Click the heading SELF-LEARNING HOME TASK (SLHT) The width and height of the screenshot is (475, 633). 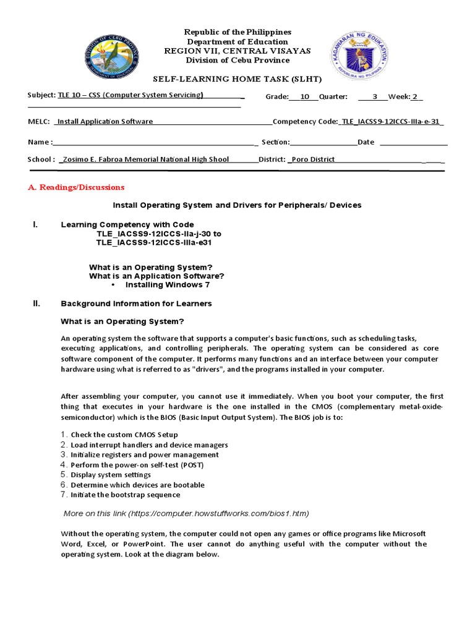point(237,79)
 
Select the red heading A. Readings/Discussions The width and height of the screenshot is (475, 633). point(76,187)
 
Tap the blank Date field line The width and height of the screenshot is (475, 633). point(413,142)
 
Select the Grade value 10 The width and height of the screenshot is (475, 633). point(304,96)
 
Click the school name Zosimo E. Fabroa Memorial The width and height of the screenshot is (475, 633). point(145,159)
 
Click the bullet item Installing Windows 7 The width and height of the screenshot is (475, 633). point(167,285)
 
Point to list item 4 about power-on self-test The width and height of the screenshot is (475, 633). point(137,465)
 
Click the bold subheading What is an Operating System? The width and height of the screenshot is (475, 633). point(122,321)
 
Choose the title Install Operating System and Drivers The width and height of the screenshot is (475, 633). point(236,205)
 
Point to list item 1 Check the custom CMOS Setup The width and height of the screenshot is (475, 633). point(124,435)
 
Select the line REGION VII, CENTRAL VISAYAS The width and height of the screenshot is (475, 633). point(237,51)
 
